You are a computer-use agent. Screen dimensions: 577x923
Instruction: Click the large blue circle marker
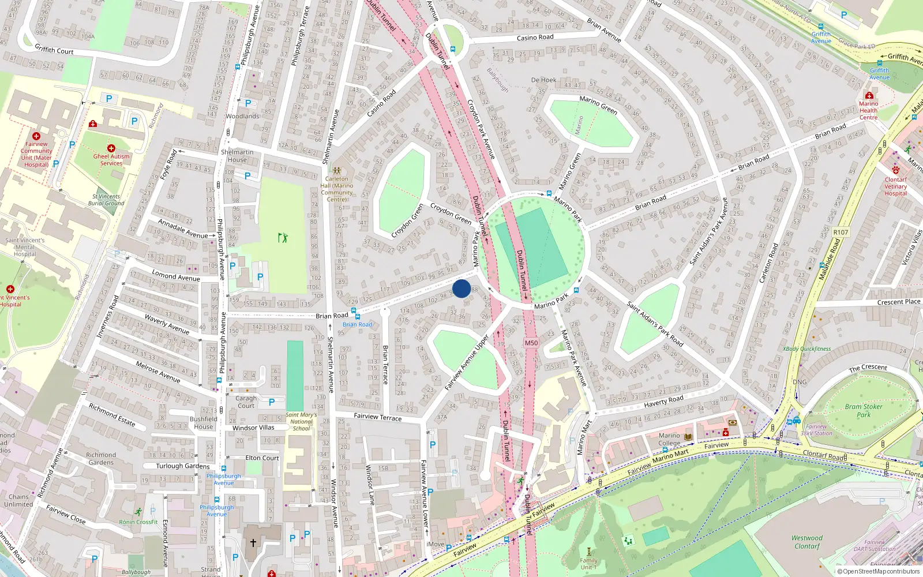461,288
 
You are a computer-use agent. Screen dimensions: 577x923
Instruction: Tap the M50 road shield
531,343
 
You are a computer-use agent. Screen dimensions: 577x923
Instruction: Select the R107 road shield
841,232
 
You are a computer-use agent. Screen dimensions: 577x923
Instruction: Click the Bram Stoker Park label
864,410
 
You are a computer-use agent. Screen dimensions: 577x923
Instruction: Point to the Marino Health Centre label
868,110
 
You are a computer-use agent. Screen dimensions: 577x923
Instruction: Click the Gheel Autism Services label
111,160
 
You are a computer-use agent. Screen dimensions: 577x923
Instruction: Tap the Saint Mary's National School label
301,421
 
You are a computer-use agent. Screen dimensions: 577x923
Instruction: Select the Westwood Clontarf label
806,542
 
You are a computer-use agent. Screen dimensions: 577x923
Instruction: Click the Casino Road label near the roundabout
535,38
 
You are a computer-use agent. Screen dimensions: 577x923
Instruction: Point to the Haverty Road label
663,401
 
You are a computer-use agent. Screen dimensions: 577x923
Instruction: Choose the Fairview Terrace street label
377,417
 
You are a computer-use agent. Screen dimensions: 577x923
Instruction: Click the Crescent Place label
898,302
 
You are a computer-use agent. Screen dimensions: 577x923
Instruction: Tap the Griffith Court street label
54,50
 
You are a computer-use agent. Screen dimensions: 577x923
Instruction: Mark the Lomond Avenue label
176,276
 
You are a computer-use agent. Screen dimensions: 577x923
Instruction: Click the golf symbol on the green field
283,237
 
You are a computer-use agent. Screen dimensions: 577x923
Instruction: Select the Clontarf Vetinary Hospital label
895,186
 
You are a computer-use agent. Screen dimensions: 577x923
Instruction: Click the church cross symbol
253,543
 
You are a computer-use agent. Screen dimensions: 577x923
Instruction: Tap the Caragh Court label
246,402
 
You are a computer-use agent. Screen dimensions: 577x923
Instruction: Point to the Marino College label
669,439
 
